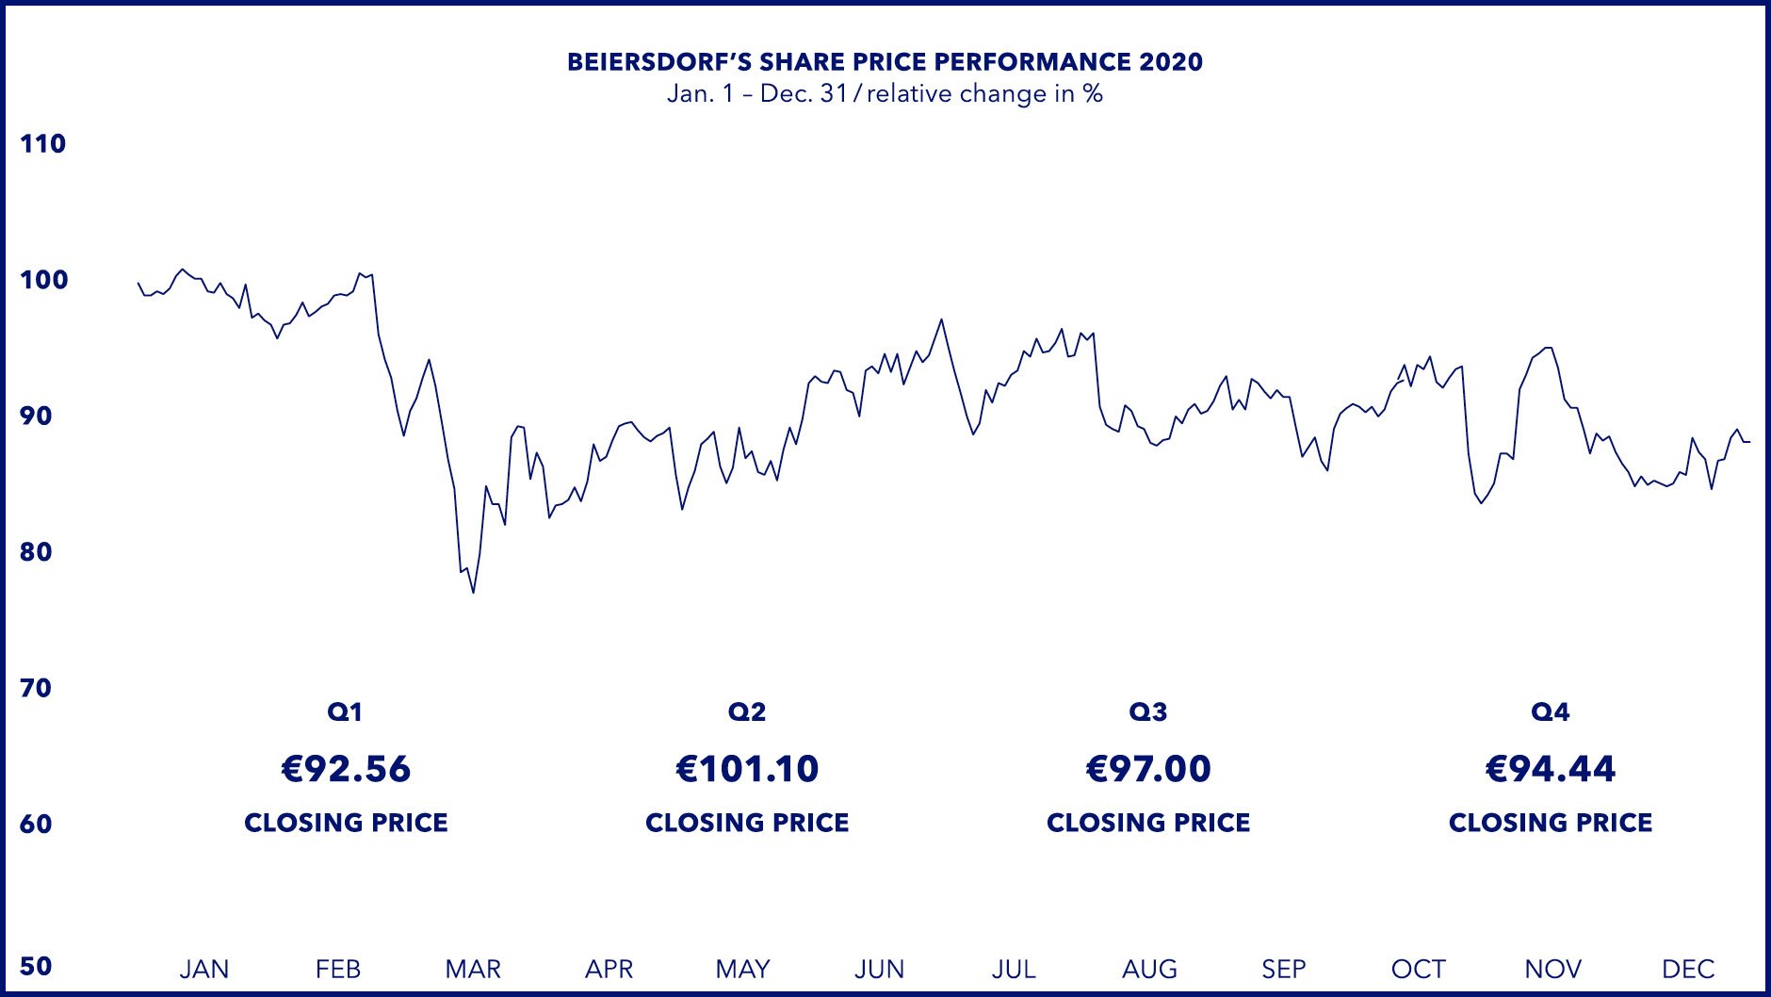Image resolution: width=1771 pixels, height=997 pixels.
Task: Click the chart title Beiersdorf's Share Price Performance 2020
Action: click(x=885, y=62)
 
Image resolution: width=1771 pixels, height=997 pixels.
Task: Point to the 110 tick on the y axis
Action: click(x=42, y=144)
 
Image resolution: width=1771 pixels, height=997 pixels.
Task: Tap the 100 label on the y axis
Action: click(x=43, y=280)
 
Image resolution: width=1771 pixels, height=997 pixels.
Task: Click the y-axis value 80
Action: click(x=36, y=552)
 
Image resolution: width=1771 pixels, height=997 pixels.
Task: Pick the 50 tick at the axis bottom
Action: click(x=36, y=966)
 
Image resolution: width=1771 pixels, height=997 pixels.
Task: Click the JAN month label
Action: click(x=204, y=969)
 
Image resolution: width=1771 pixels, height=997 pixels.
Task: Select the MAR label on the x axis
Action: click(x=473, y=969)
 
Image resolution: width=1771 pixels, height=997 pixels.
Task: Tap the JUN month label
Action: click(x=879, y=969)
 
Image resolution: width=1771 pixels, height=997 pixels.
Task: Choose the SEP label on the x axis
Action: click(x=1284, y=969)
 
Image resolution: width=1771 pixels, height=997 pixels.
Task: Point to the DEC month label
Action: click(x=1688, y=969)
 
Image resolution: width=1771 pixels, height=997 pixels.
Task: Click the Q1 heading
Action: click(x=345, y=712)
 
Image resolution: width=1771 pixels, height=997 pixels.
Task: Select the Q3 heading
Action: click(x=1148, y=712)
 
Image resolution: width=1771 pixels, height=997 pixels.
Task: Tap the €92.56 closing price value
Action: click(x=346, y=769)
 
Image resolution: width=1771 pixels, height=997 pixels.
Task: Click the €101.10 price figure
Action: click(x=747, y=769)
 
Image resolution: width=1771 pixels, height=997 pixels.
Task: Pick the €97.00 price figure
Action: click(x=1148, y=769)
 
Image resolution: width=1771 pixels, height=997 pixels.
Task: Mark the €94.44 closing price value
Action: click(x=1551, y=769)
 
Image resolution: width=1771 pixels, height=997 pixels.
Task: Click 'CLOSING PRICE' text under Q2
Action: click(x=747, y=823)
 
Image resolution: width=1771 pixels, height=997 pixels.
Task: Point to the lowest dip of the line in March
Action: click(x=473, y=592)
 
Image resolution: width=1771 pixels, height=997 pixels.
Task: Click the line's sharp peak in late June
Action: click(x=941, y=319)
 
